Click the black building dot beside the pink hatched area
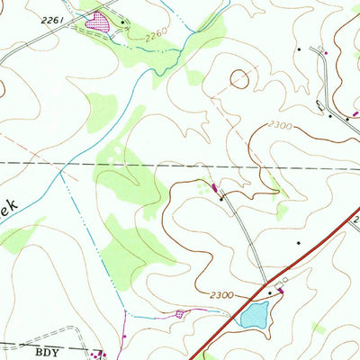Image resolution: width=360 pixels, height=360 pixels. click(x=122, y=21)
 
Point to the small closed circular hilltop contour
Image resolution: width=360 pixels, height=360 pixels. click(x=239, y=79)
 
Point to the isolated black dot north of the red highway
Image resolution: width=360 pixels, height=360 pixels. click(x=299, y=242)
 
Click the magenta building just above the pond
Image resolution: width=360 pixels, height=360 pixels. click(x=280, y=290)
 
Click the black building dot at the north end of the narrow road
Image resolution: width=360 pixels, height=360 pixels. click(x=221, y=197)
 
